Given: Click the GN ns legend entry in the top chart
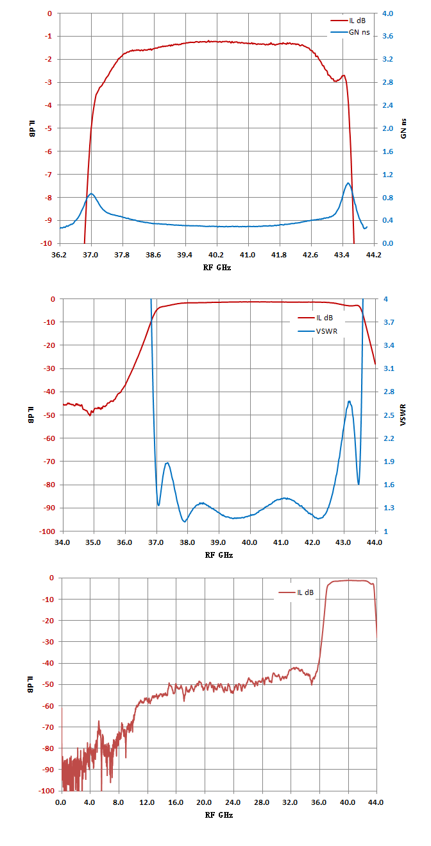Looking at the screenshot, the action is (350, 32).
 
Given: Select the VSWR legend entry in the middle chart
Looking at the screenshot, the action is (317, 331).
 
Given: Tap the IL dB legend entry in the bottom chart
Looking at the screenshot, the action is (296, 592).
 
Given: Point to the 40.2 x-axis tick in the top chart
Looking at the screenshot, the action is (216, 255).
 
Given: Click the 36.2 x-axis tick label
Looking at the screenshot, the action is (59, 255).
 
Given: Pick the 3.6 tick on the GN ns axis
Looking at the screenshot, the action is (387, 36).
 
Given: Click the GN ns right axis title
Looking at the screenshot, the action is (403, 128).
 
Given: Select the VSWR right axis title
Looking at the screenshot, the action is (403, 415).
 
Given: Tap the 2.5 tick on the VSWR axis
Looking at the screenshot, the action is (389, 415).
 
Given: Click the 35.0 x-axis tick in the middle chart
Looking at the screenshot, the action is (93, 543).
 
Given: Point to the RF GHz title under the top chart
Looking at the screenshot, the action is (217, 268).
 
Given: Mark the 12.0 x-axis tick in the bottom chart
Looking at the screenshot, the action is (147, 802).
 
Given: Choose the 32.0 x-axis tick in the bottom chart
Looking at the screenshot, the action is (291, 802).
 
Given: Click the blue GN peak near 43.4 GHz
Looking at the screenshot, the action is (348, 183).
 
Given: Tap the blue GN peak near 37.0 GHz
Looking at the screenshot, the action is (91, 194).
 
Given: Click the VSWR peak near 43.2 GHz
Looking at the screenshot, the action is (350, 401).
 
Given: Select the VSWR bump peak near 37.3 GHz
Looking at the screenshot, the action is (167, 463).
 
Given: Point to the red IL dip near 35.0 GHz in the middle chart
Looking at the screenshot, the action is (90, 415).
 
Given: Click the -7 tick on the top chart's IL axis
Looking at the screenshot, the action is (49, 175).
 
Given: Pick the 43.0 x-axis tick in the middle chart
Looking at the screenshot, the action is (343, 543).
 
